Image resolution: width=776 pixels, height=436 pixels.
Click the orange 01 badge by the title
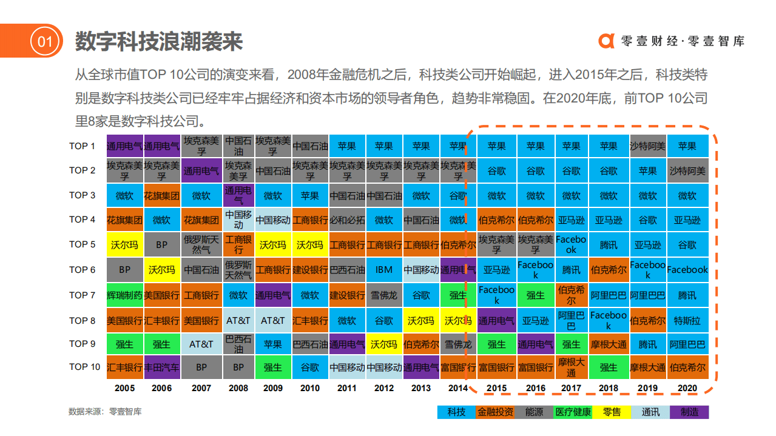tap(46, 41)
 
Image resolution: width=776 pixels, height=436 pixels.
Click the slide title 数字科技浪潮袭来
tap(159, 41)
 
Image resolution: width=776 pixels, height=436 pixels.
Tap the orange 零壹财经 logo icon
tap(606, 41)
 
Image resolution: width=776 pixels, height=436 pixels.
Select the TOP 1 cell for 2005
tap(124, 146)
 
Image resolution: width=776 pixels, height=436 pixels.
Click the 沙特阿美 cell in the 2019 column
tap(647, 146)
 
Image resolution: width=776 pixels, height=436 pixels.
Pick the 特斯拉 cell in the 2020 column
tap(687, 320)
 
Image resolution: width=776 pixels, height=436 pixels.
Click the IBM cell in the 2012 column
tap(384, 270)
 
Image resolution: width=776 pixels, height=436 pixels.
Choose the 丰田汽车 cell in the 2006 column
tap(161, 367)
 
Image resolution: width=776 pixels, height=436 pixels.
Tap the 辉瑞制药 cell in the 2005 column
tap(124, 295)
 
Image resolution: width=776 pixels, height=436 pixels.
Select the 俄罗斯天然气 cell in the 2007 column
tap(201, 244)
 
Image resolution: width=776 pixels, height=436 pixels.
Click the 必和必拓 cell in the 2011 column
tap(347, 220)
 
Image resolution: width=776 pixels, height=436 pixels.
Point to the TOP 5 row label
tap(83, 244)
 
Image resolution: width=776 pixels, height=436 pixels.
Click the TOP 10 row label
tap(84, 367)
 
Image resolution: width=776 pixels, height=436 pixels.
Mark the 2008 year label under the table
tap(238, 388)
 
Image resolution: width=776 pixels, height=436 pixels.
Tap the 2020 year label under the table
tap(687, 388)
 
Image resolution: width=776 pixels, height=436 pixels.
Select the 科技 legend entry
tap(456, 412)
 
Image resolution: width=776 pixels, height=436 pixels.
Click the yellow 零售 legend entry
tap(611, 412)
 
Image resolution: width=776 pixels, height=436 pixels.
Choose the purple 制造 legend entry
tap(689, 412)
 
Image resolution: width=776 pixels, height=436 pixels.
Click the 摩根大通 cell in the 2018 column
tap(609, 344)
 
